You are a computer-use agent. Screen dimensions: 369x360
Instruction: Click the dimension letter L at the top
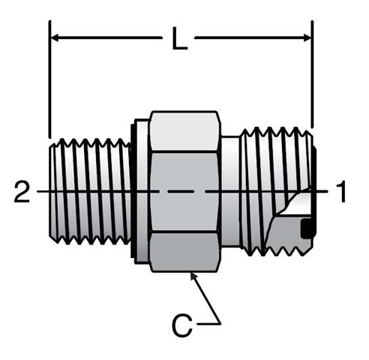(179, 38)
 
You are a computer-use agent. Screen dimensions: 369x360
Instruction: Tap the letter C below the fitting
(182, 325)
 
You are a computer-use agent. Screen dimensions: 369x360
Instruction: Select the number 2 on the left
(22, 192)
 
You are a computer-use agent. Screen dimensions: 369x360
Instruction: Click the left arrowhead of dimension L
(55, 38)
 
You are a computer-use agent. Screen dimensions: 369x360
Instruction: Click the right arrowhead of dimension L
(307, 38)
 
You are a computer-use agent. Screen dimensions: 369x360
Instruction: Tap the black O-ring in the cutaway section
(308, 228)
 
